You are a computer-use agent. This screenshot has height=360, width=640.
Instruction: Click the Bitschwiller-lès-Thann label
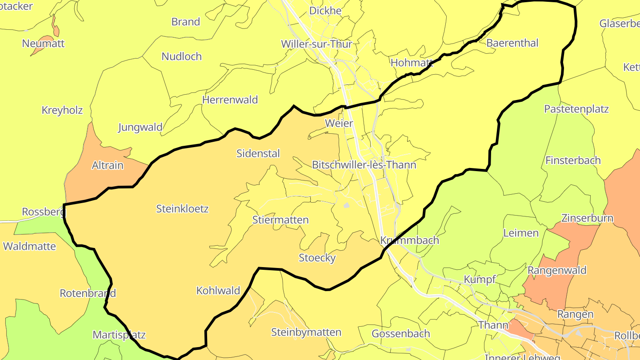coord(364,165)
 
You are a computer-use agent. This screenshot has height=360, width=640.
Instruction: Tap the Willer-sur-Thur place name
coord(316,44)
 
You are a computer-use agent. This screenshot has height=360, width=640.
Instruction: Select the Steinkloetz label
coord(182,208)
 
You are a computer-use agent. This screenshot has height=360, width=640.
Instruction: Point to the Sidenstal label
coord(258,153)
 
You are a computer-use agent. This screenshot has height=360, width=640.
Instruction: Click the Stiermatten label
coord(280,220)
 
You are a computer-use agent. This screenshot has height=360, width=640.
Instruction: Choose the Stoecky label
coord(317,258)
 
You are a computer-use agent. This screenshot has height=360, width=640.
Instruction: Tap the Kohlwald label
coord(218,291)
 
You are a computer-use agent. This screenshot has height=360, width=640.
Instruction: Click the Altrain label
coord(108,165)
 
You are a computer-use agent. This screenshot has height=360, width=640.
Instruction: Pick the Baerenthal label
coord(512,43)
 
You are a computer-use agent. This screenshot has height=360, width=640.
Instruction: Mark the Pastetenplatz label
coord(576,109)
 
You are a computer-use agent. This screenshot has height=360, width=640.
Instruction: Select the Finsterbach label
coord(573,160)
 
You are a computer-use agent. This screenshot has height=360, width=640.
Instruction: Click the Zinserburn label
coord(587,218)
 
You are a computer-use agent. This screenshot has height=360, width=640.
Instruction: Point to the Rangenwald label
coord(557,270)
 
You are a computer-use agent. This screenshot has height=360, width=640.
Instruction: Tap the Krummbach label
coord(410,240)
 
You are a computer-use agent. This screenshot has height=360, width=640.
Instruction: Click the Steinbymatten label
coord(306,332)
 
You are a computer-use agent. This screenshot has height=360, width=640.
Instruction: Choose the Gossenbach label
coord(401,334)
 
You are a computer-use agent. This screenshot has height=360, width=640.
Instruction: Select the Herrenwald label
coord(230,100)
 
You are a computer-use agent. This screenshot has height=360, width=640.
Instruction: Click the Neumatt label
coord(44,44)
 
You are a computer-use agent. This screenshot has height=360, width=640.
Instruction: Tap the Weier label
coord(339,123)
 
